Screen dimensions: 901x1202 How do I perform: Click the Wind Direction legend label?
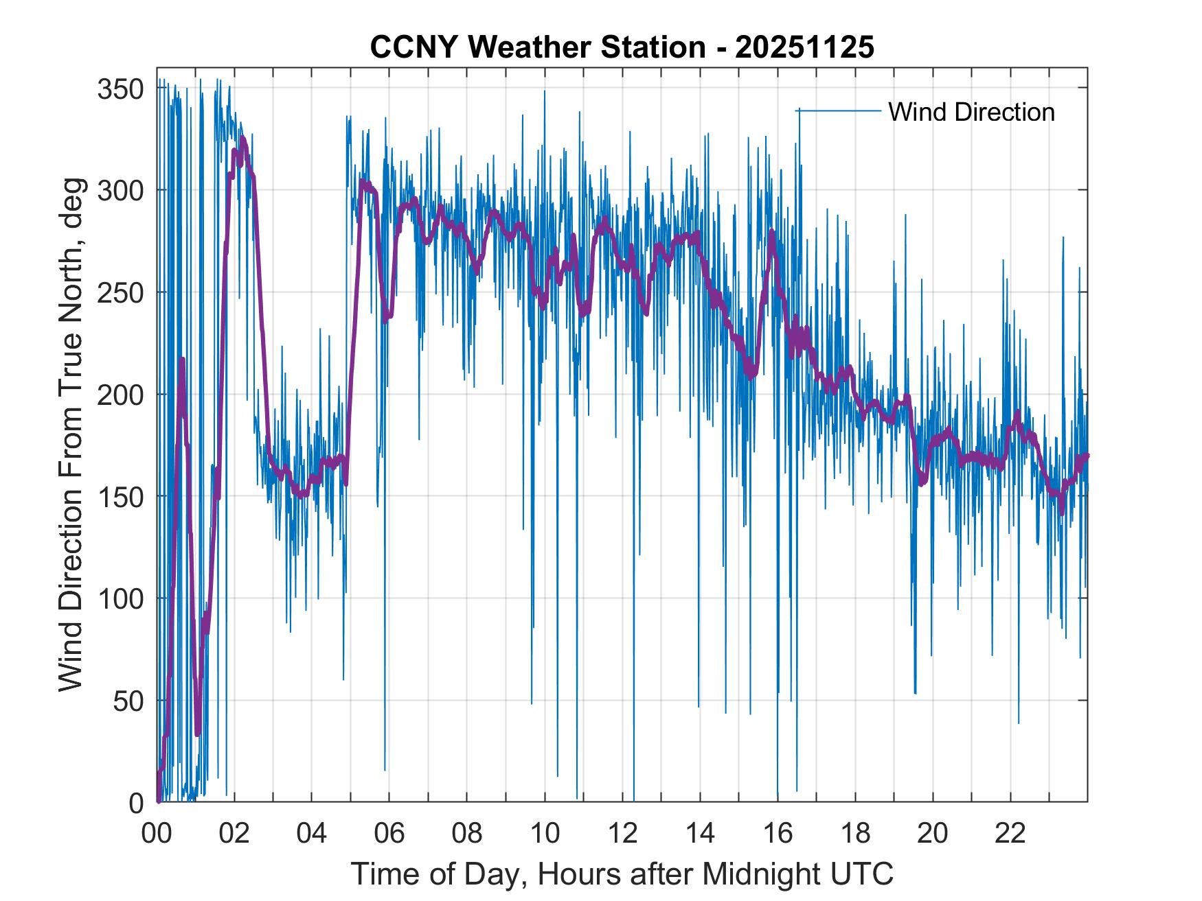coord(971,112)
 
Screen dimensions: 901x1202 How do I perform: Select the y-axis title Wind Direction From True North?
coord(71,435)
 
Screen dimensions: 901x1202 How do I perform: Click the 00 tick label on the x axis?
coord(157,834)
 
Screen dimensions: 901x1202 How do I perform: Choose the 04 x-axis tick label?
coord(313,834)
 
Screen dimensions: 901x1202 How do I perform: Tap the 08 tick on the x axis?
coord(468,834)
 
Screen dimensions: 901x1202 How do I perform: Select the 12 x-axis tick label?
coord(623,834)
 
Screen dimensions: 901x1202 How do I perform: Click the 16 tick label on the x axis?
coord(778,834)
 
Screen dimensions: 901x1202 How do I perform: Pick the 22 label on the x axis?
coord(1011,834)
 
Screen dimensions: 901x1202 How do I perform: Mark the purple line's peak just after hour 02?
coord(243,139)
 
